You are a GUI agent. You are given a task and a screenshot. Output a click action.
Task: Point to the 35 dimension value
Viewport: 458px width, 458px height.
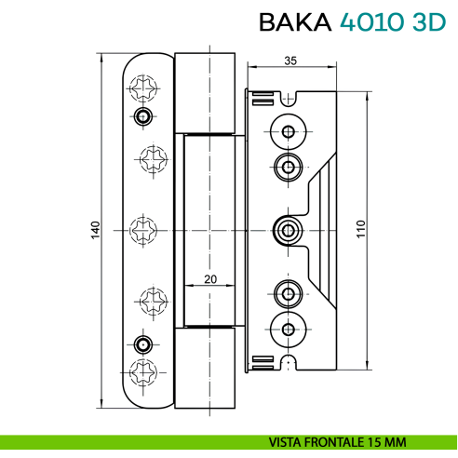click(290, 61)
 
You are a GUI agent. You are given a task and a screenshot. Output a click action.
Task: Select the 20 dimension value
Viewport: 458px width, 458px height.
click(210, 278)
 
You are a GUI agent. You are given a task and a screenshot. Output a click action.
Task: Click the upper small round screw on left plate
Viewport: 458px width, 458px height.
click(141, 115)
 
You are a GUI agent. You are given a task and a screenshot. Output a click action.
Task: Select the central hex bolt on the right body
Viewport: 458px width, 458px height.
click(288, 229)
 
